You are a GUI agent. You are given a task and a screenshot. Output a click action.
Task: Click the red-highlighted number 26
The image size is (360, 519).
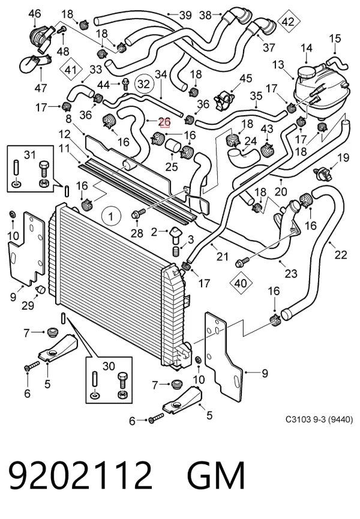[164, 122]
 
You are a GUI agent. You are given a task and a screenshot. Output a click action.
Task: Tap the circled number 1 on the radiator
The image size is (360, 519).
[111, 217]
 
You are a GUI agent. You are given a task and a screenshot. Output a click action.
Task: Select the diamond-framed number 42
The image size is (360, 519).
[288, 22]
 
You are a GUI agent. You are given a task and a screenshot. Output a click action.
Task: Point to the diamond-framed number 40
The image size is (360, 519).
[240, 283]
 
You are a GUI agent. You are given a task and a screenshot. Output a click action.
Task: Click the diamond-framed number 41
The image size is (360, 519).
[71, 70]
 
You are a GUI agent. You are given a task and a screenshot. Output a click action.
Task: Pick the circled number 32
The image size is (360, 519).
[144, 84]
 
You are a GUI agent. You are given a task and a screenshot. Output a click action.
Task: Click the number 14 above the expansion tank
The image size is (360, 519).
[307, 48]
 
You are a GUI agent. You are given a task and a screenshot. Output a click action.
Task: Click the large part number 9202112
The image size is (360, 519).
[80, 475]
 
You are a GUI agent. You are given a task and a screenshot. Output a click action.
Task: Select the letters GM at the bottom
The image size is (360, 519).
[216, 475]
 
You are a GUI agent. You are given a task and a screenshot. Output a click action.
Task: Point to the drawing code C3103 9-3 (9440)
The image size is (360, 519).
[319, 419]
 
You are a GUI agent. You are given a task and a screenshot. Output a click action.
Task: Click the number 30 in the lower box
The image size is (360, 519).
[109, 366]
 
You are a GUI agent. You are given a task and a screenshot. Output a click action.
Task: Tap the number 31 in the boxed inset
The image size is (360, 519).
[30, 155]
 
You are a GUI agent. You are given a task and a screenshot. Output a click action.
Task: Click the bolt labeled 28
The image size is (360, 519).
[139, 213]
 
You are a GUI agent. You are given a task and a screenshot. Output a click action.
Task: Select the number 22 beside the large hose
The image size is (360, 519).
[341, 255]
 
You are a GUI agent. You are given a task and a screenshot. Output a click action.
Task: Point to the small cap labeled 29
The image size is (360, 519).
[40, 289]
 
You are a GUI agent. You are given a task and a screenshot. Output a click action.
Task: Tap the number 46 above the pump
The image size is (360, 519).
[34, 14]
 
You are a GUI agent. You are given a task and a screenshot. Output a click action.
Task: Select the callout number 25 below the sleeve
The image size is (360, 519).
[172, 166]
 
